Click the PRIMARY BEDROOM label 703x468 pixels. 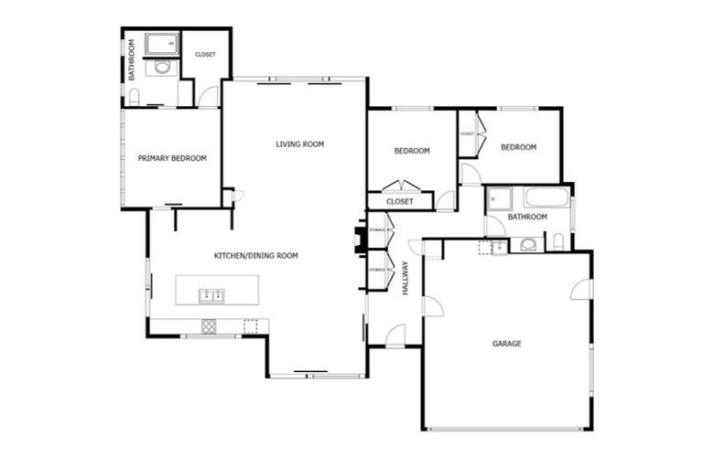(x=172, y=158)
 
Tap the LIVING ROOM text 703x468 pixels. (x=300, y=144)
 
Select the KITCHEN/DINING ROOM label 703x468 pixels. (x=255, y=256)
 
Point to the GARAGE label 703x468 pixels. (x=506, y=344)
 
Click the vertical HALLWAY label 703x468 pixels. (x=405, y=280)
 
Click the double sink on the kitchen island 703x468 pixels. (x=211, y=294)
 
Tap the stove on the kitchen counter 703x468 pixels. (x=209, y=324)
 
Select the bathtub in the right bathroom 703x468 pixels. (x=546, y=197)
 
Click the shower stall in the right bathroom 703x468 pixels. (x=499, y=198)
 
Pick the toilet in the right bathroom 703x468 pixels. (x=557, y=242)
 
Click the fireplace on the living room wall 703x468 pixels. (x=361, y=239)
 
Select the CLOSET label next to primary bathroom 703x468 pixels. (x=205, y=55)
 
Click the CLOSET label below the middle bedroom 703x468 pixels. (x=399, y=201)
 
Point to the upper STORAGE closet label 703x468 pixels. (x=377, y=229)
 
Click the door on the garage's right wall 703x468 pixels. (x=580, y=290)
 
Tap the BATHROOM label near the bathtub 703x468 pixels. (x=527, y=217)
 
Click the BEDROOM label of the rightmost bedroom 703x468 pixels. (x=518, y=147)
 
